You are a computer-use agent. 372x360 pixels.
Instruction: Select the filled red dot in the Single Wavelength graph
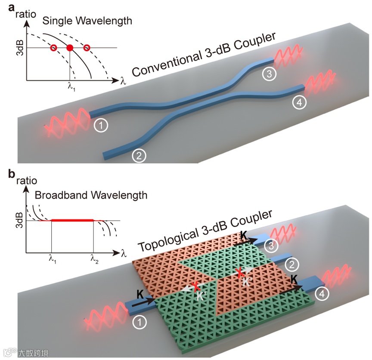point(70,47)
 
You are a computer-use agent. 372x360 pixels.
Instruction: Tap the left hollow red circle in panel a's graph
point(53,47)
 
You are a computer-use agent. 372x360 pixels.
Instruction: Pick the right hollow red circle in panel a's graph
point(87,47)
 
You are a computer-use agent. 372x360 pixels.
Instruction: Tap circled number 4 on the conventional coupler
point(297,103)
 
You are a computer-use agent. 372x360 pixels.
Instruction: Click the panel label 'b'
point(6,175)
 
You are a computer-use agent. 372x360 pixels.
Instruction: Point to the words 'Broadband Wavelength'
point(91,195)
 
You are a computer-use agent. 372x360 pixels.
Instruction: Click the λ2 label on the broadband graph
point(94,259)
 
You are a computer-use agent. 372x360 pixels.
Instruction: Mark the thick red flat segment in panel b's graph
point(72,220)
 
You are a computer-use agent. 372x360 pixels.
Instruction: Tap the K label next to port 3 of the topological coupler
point(244,235)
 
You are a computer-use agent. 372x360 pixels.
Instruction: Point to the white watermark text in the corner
point(33,353)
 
